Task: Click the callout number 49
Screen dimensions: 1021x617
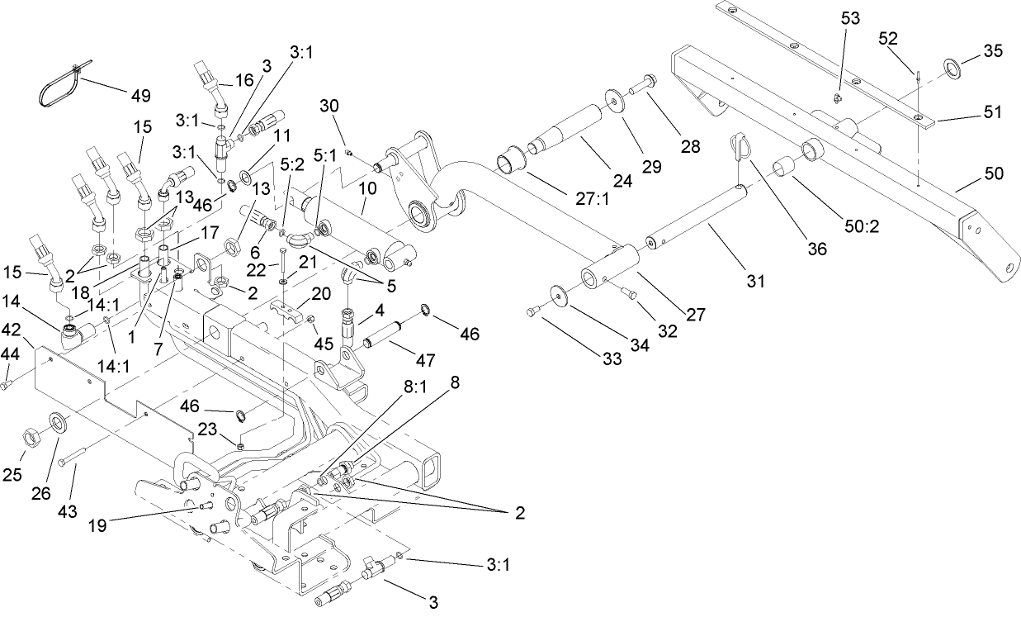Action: [140, 95]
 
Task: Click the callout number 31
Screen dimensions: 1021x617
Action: [756, 282]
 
